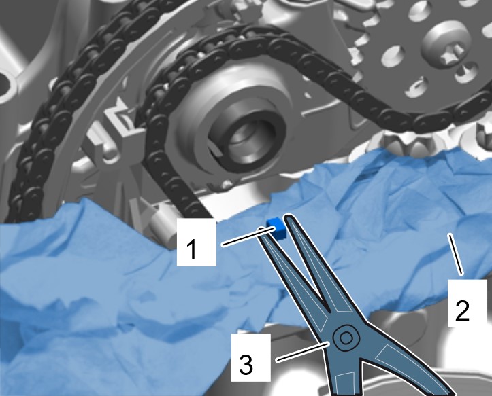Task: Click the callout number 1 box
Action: pyautogui.click(x=197, y=242)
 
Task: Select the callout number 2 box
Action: pyautogui.click(x=468, y=303)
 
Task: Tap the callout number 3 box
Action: pyautogui.click(x=250, y=357)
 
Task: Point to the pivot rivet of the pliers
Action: pyautogui.click(x=346, y=338)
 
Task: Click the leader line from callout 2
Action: pyautogui.click(x=455, y=254)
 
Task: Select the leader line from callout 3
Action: pyautogui.click(x=303, y=353)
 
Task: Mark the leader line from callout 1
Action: pyautogui.click(x=248, y=237)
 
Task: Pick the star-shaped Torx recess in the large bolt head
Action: pyautogui.click(x=450, y=52)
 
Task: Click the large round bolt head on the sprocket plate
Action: pyautogui.click(x=447, y=43)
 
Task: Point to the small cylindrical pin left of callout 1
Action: pyautogui.click(x=163, y=226)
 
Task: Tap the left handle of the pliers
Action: pyautogui.click(x=342, y=373)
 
